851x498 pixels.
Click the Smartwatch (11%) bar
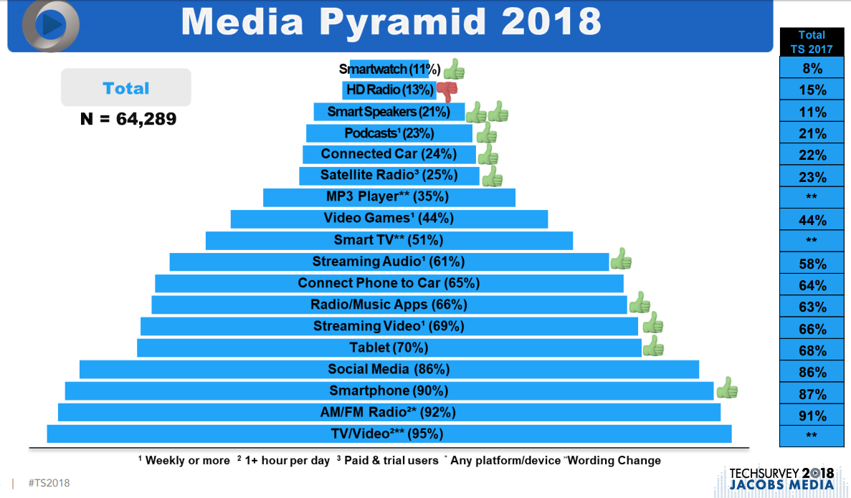[389, 70]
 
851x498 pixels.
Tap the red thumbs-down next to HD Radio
[447, 91]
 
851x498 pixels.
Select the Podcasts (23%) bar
[389, 133]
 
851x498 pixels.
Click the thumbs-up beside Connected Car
[488, 155]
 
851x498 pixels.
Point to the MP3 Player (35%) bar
[389, 197]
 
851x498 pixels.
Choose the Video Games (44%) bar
[389, 219]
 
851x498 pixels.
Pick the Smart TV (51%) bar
[389, 240]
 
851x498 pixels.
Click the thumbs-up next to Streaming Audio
[621, 259]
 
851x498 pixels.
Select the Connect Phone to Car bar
[389, 283]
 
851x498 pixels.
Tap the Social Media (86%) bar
[389, 369]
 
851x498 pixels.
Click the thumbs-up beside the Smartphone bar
[727, 388]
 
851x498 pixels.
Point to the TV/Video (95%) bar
[389, 434]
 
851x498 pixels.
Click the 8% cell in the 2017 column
[812, 69]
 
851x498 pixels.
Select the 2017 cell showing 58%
[812, 264]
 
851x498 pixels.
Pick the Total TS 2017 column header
[812, 42]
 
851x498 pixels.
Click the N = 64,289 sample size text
[128, 118]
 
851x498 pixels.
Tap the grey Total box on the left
[126, 87]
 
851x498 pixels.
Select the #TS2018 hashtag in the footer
[49, 483]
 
